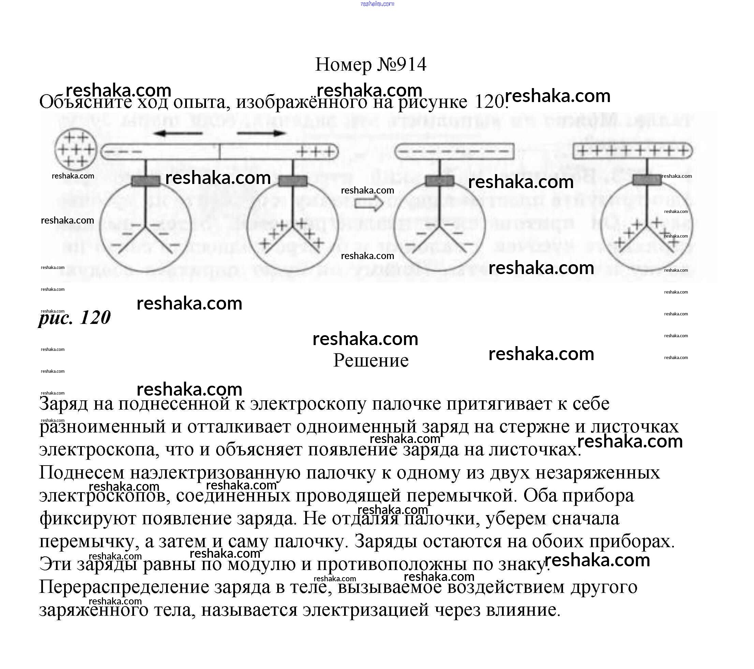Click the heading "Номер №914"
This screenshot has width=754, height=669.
pyautogui.click(x=370, y=65)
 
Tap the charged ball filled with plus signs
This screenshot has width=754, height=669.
pyautogui.click(x=76, y=150)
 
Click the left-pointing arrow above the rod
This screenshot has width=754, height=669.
pyautogui.click(x=178, y=133)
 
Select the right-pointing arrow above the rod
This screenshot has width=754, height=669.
pyautogui.click(x=261, y=133)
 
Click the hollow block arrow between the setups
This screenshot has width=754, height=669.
pyautogui.click(x=369, y=203)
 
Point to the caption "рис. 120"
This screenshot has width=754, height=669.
pyautogui.click(x=75, y=317)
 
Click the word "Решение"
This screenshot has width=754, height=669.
pyautogui.click(x=371, y=360)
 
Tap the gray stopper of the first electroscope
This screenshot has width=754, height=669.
pyautogui.click(x=146, y=181)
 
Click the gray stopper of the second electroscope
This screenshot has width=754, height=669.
pyautogui.click(x=293, y=181)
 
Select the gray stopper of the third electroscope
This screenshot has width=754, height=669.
pyautogui.click(x=439, y=181)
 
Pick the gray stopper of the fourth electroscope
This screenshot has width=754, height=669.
pyautogui.click(x=647, y=180)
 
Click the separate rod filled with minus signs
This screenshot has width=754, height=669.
pyautogui.click(x=454, y=151)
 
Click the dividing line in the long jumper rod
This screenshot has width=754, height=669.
pyautogui.click(x=220, y=151)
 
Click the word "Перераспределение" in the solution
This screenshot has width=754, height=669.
pyautogui.click(x=124, y=587)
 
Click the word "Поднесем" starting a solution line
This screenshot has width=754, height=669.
pyautogui.click(x=82, y=473)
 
